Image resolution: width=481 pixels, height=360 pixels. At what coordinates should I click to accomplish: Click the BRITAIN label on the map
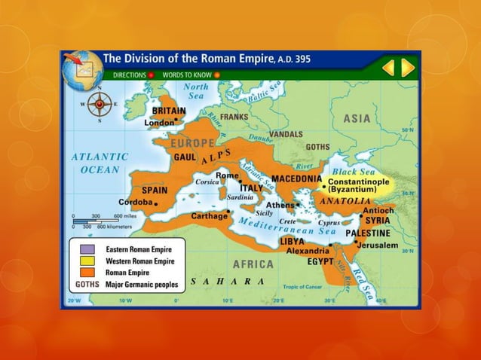169,110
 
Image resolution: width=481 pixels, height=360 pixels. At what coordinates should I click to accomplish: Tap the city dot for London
176,119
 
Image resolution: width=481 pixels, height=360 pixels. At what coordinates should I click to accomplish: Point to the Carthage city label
208,215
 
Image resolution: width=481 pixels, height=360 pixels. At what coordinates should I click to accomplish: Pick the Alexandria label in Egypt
307,251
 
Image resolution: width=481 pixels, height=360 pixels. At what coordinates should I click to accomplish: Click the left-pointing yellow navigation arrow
388,69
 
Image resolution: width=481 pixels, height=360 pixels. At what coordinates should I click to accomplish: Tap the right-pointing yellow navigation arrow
408,69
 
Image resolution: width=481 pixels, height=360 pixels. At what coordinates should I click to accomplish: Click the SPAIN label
155,190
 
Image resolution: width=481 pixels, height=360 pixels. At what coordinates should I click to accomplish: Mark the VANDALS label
286,133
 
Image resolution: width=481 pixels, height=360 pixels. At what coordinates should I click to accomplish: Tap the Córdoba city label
136,202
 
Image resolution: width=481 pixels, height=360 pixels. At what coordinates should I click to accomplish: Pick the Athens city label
280,204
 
